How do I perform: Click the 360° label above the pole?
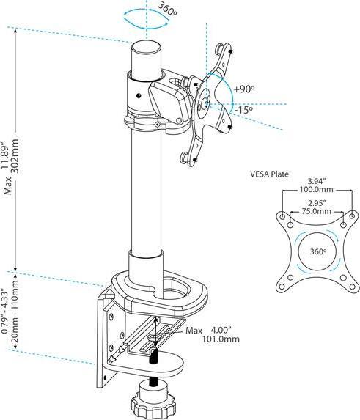click(167, 10)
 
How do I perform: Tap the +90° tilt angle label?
click(243, 89)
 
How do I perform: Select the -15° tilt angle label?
click(243, 109)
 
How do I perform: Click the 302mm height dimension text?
click(15, 156)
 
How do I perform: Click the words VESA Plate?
click(270, 174)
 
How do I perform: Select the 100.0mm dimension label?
click(316, 189)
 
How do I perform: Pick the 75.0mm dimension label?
click(316, 211)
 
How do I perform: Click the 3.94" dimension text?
click(317, 181)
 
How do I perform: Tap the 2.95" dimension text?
click(317, 203)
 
